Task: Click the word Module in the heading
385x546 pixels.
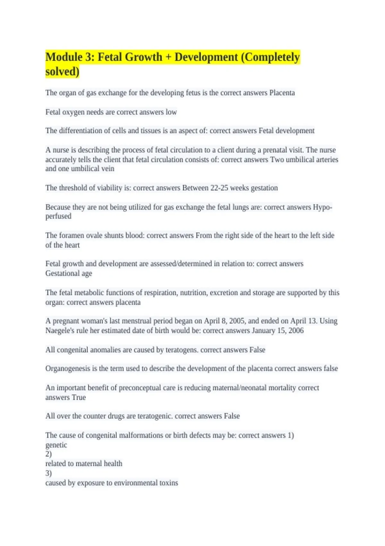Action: point(64,57)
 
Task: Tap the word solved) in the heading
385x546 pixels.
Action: point(62,72)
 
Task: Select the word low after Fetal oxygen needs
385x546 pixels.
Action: point(171,112)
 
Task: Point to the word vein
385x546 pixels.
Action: point(108,169)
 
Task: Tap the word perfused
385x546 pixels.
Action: point(58,216)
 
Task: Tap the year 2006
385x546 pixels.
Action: point(296,330)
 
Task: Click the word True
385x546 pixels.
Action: point(79,397)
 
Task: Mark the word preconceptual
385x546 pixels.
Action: point(140,388)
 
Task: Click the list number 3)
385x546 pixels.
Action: point(48,473)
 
